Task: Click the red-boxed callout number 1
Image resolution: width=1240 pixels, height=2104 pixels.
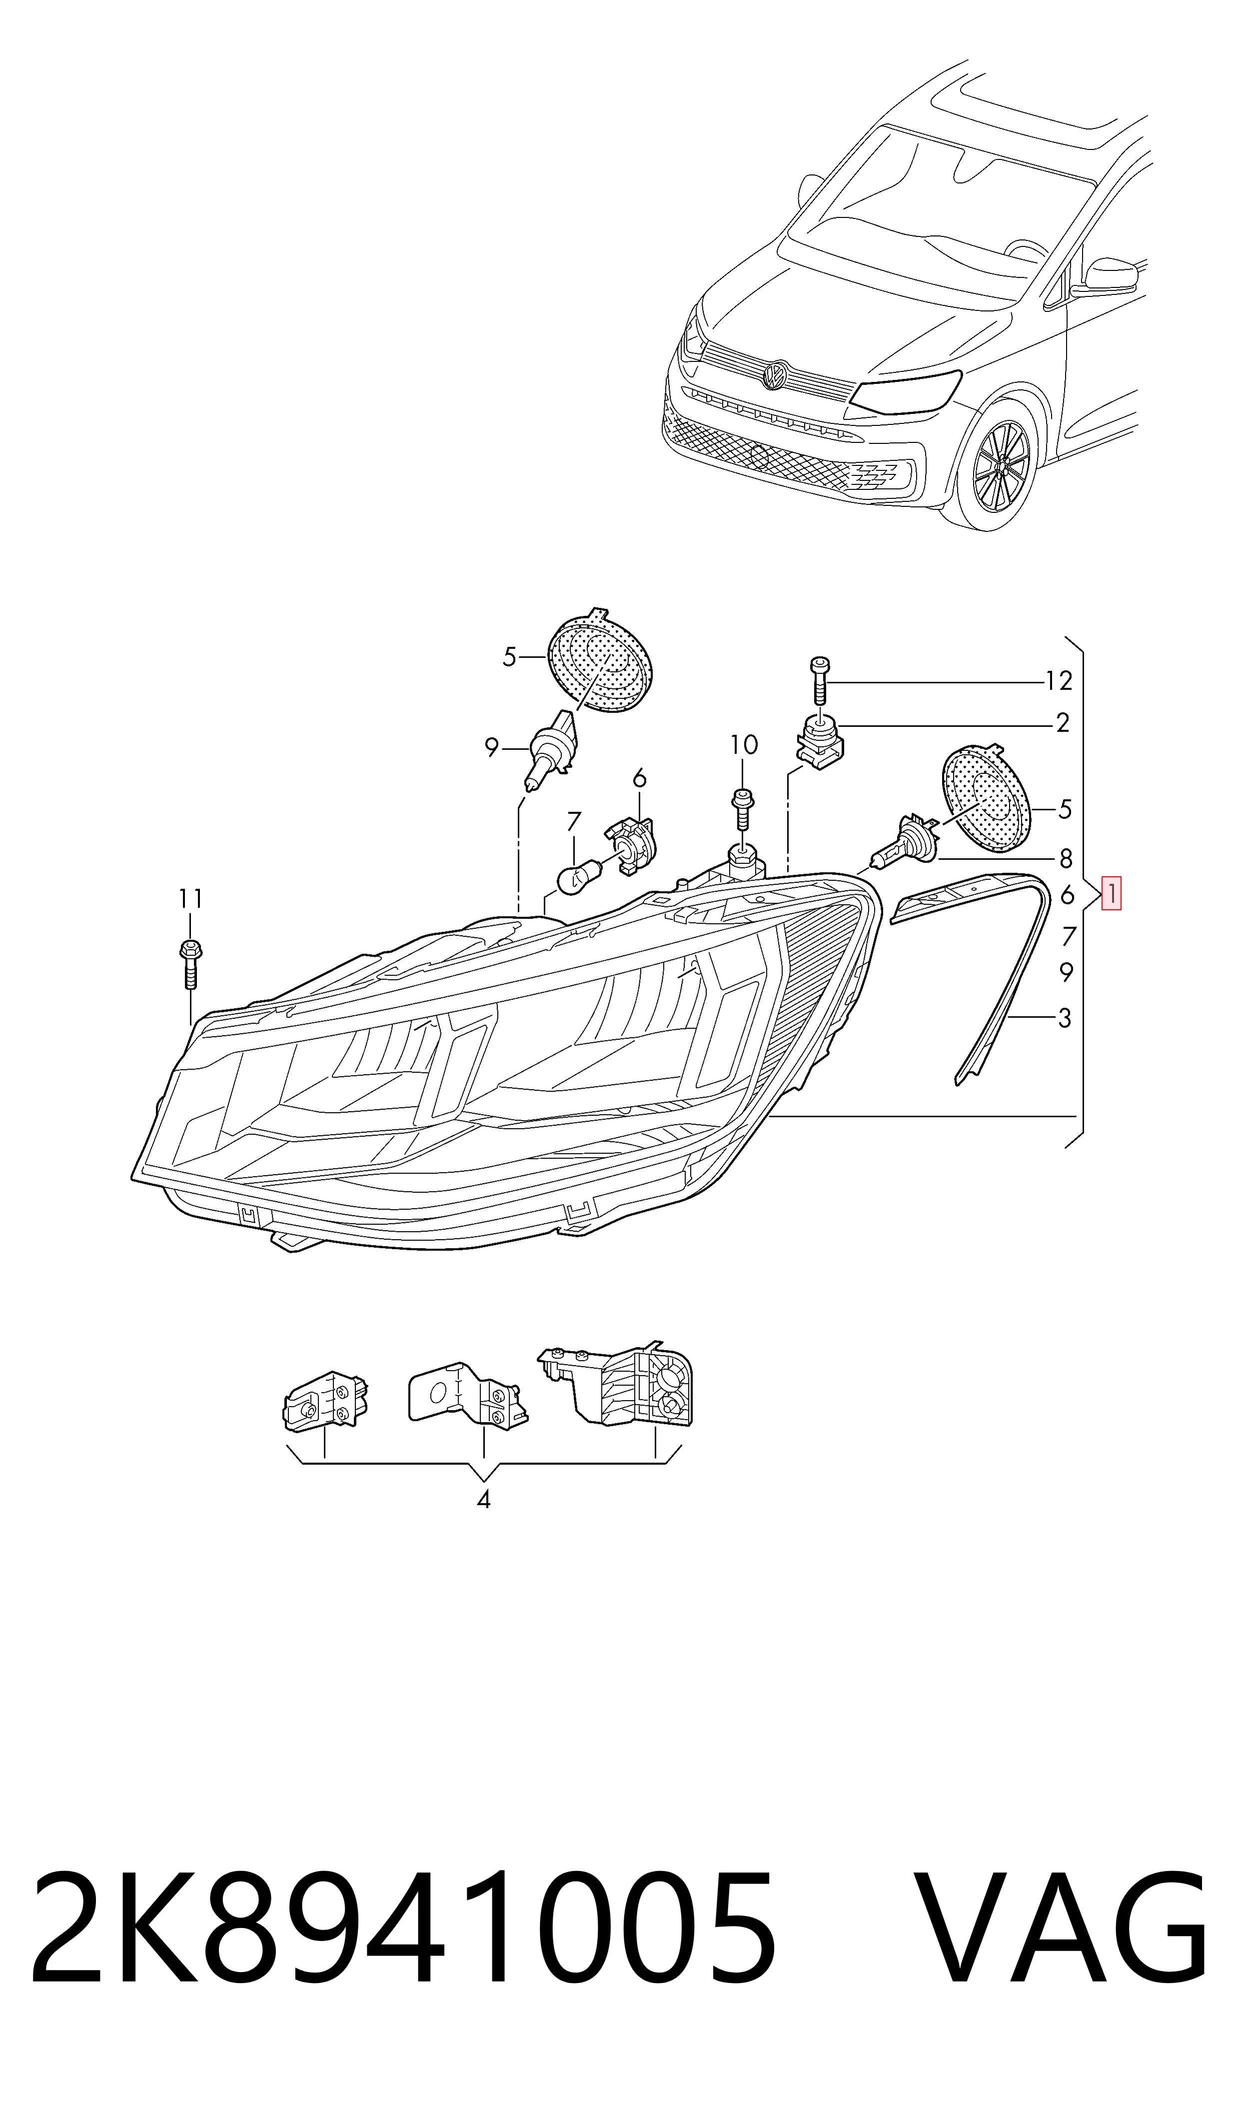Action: tap(1112, 894)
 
